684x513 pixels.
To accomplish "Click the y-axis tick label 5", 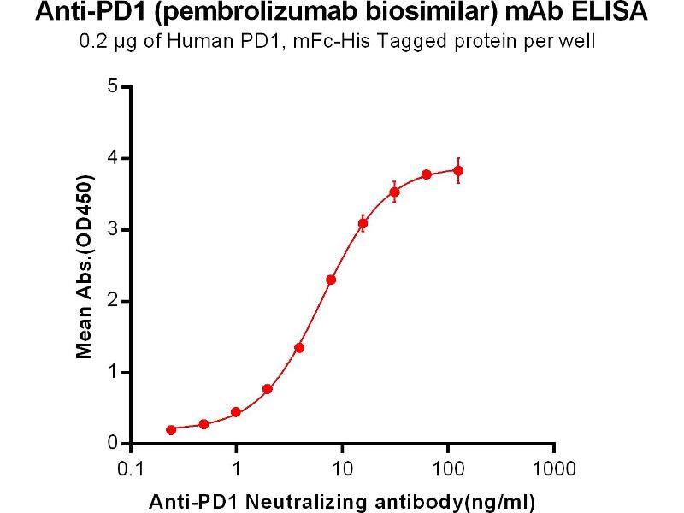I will [112, 86].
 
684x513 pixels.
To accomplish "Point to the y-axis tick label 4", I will [112, 158].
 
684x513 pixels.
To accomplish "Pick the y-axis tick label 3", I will [112, 230].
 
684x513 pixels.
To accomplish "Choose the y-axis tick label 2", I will [112, 301].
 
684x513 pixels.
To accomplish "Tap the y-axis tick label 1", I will [112, 373].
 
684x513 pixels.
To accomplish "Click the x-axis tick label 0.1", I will [130, 469].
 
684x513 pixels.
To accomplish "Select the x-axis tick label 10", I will [342, 469].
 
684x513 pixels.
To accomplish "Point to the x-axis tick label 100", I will [448, 469].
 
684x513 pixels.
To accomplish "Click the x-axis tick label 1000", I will [554, 469].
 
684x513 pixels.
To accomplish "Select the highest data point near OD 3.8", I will [458, 171].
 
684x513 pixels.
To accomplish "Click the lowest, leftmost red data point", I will [171, 430].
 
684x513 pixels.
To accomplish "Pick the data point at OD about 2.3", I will [331, 280].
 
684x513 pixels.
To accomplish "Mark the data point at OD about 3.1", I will [363, 223].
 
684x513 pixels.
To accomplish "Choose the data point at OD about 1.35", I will [299, 348].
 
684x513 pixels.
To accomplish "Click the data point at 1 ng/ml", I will [236, 412].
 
